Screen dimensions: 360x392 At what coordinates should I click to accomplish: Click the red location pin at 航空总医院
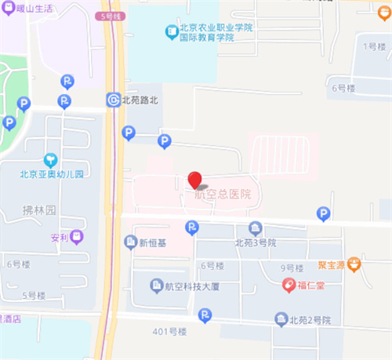point(195,180)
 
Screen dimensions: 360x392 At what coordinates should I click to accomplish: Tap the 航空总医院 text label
point(223,194)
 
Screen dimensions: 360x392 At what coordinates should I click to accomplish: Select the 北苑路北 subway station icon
point(114,100)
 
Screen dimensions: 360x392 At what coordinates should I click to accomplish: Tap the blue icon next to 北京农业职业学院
point(171,31)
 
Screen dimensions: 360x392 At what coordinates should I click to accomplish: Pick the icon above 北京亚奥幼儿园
point(51,160)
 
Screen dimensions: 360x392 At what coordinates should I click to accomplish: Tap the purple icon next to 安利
point(77,236)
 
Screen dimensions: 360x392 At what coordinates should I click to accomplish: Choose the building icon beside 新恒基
point(130,243)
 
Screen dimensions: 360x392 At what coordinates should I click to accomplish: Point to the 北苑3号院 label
point(256,242)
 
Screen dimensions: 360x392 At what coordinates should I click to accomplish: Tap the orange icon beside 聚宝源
point(354,264)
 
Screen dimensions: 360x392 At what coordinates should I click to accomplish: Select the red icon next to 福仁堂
point(289,284)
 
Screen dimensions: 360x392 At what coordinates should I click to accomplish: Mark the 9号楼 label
point(292,267)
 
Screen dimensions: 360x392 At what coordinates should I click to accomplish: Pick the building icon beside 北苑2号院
point(281,318)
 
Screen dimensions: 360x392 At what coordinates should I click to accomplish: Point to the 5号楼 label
point(34,295)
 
